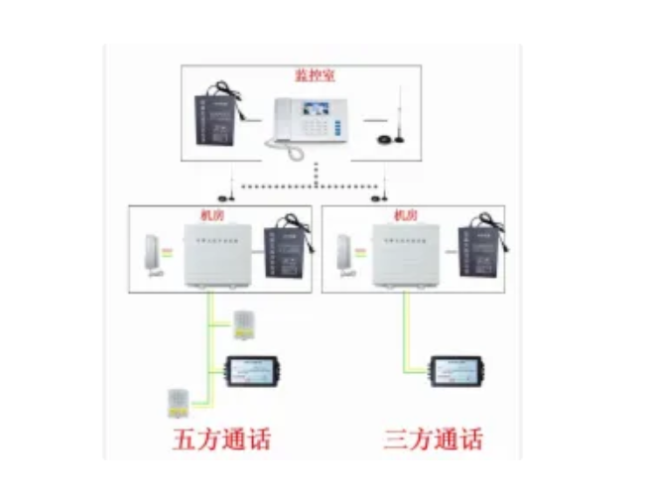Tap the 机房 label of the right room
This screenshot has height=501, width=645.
point(402,214)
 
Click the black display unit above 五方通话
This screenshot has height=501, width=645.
point(254,370)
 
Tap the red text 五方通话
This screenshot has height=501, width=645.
point(221,438)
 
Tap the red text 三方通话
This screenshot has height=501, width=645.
point(433,438)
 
